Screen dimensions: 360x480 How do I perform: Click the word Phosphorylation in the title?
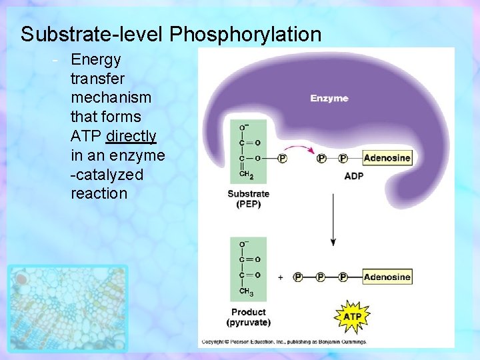point(245,34)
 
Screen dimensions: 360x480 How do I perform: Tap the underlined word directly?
point(131,136)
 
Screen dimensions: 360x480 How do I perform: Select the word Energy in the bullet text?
point(96,60)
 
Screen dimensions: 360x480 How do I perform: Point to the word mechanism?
point(111,97)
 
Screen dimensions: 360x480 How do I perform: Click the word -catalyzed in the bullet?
point(107,175)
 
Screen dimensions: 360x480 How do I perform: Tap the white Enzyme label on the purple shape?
point(329,98)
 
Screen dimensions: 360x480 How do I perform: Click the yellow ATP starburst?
point(351,315)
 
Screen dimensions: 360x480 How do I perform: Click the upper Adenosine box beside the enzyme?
point(387,158)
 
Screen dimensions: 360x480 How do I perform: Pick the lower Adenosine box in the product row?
point(387,276)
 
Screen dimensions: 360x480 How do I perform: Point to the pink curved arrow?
point(299,148)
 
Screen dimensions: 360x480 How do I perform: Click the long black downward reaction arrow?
point(333,220)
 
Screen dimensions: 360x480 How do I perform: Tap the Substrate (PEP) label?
point(248,199)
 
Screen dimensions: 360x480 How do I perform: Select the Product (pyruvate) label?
point(248,317)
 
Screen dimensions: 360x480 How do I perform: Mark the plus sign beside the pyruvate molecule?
point(280,277)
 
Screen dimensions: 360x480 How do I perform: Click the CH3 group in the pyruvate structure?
point(246,292)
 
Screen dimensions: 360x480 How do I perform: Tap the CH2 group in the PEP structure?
point(246,174)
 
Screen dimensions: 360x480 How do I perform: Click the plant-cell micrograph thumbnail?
point(67,307)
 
